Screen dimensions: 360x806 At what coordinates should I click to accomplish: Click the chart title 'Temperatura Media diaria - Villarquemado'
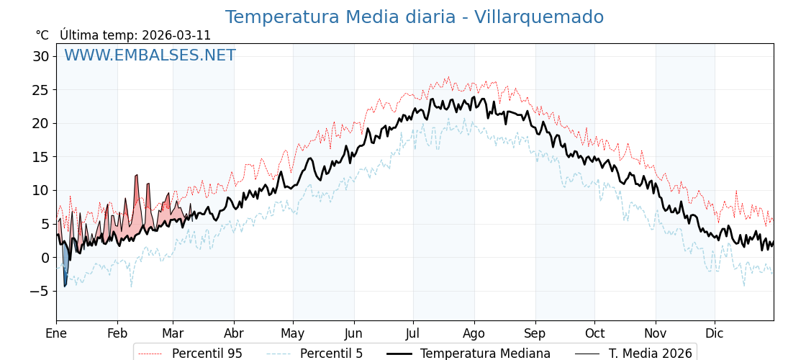tap(414, 17)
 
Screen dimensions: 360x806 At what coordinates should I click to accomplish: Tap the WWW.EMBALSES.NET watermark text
tap(150, 55)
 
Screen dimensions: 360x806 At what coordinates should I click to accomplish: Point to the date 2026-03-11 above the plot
tap(176, 35)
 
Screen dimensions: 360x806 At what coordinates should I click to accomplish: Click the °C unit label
tap(42, 35)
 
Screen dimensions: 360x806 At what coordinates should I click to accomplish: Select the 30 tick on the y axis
tap(41, 56)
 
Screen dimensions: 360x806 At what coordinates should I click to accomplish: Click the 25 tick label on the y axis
tap(41, 90)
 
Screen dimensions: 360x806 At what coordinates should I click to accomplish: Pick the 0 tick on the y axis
tap(45, 258)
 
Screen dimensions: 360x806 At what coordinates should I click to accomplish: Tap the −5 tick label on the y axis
tap(40, 291)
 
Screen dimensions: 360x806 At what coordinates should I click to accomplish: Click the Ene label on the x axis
tap(56, 333)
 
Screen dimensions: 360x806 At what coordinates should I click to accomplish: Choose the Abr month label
tap(233, 333)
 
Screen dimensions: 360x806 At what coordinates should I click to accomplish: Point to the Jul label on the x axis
tap(413, 333)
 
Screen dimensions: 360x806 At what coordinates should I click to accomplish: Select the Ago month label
tap(474, 333)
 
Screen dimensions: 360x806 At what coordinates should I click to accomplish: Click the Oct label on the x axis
tap(594, 333)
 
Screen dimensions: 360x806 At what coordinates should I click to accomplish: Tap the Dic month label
tap(715, 333)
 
